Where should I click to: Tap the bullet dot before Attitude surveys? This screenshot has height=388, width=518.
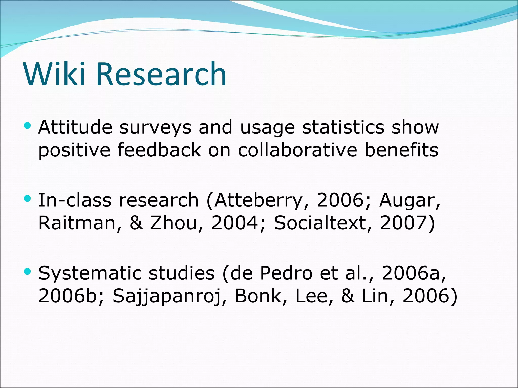point(27,125)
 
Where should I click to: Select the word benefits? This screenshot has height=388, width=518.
point(401,150)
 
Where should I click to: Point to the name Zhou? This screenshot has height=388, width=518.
point(173,223)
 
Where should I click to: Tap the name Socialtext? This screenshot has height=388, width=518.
point(320,223)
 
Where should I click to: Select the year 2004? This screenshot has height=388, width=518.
point(235,223)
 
